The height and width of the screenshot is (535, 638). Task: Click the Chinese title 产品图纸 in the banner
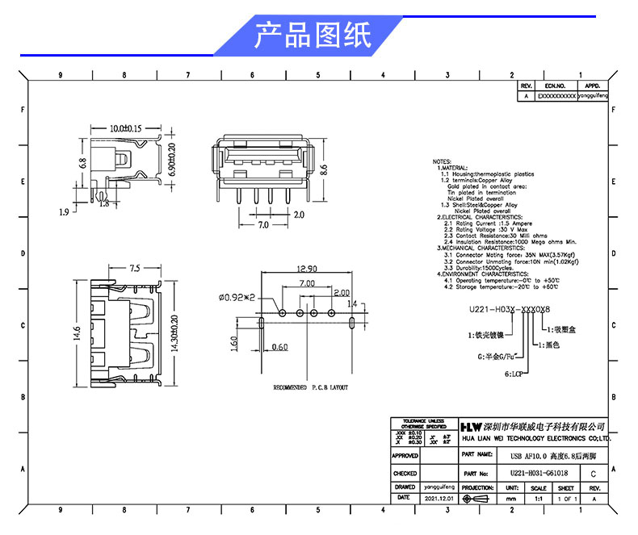click(x=312, y=35)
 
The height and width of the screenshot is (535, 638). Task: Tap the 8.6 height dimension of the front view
click(x=324, y=170)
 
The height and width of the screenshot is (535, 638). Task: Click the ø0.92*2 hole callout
click(x=237, y=297)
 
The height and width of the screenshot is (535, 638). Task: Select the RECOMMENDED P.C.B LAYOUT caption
click(x=310, y=387)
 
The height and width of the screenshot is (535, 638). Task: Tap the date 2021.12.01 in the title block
click(x=438, y=499)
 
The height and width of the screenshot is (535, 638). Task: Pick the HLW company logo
click(x=472, y=426)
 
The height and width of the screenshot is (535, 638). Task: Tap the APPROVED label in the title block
click(x=405, y=457)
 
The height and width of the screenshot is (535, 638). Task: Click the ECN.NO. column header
click(x=555, y=85)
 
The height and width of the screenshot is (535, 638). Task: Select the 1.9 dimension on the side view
click(x=64, y=212)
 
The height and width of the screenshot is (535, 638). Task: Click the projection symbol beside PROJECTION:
click(x=478, y=499)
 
